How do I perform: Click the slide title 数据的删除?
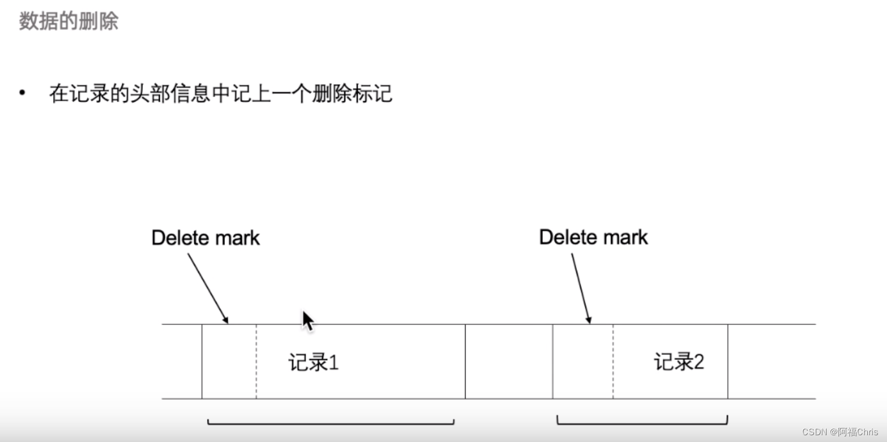[x=68, y=21]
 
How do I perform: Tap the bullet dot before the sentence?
[x=22, y=93]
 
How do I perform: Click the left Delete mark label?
[x=205, y=238]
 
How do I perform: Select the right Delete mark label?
[x=593, y=237]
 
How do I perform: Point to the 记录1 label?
[x=314, y=362]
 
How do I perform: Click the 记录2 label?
[x=679, y=362]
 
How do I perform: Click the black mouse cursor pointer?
[x=307, y=320]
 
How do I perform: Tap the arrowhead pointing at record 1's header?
[x=225, y=320]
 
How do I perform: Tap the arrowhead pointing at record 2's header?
[x=588, y=320]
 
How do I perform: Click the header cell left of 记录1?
[x=229, y=362]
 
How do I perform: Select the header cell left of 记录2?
[x=582, y=362]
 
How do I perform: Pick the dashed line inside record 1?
[x=256, y=362]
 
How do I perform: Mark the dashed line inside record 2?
[x=613, y=362]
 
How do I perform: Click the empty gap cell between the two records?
[x=508, y=362]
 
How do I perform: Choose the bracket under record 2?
[x=642, y=422]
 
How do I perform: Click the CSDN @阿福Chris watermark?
[x=840, y=432]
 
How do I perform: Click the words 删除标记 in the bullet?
[x=352, y=93]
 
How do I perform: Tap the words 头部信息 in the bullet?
[x=170, y=93]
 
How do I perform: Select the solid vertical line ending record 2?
[x=728, y=362]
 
